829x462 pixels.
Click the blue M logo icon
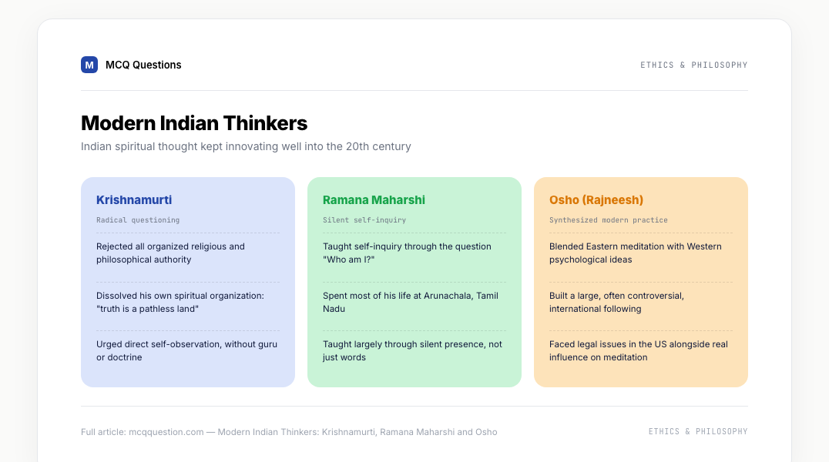(x=89, y=65)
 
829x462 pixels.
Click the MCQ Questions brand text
(x=143, y=65)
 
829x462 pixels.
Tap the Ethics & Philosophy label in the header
(x=693, y=65)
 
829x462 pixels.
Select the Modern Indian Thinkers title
(x=194, y=123)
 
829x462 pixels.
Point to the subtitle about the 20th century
(x=246, y=146)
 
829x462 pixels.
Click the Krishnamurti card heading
(x=134, y=199)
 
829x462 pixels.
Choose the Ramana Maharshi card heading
(x=374, y=199)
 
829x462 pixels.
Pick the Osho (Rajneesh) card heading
(x=596, y=199)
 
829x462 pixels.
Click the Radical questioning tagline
(x=138, y=220)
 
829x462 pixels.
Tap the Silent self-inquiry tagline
(x=364, y=220)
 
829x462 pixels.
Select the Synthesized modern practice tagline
(x=608, y=220)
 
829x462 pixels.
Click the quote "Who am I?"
(x=348, y=259)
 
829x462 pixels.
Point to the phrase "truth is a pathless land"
(x=147, y=309)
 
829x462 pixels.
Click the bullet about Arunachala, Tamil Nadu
(x=411, y=302)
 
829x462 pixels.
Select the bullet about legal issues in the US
(x=638, y=350)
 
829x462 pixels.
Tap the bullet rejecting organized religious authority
(x=170, y=253)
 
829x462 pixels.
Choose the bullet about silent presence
(x=412, y=350)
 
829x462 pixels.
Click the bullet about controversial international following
(x=616, y=302)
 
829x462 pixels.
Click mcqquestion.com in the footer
(x=166, y=432)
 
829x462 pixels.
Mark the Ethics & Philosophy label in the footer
(x=698, y=431)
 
